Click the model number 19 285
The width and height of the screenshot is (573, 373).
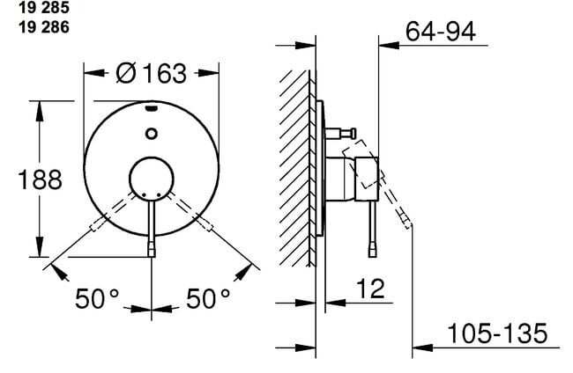coord(44,8)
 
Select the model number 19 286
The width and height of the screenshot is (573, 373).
coord(44,27)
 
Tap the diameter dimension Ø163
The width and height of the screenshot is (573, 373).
coord(151,73)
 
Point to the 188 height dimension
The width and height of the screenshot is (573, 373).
coord(40,179)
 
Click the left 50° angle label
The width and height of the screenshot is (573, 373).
coord(97,298)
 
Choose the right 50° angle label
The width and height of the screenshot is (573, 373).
coord(208,298)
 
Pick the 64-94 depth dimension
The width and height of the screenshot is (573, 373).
coord(441,31)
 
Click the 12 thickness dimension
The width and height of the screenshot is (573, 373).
coord(370,289)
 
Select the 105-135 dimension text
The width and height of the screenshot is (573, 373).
coord(497,333)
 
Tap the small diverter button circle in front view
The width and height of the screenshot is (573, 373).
coord(152,134)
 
